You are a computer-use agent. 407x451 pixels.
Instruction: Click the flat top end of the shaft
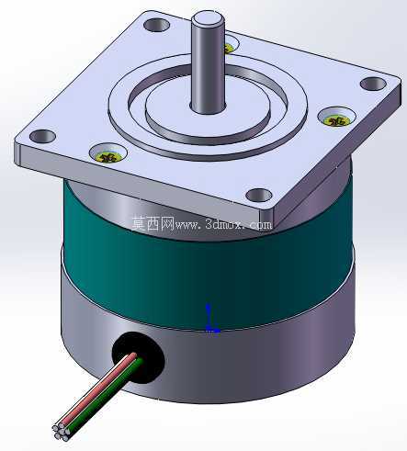208,18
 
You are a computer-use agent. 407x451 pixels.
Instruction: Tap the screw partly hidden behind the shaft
229,48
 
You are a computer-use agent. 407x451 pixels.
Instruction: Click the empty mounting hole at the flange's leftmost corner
42,136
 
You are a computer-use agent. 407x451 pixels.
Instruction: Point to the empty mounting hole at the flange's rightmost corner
373,84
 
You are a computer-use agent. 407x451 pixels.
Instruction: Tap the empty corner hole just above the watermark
259,195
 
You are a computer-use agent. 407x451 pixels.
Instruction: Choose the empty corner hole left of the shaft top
156,25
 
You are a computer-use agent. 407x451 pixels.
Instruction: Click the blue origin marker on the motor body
210,319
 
